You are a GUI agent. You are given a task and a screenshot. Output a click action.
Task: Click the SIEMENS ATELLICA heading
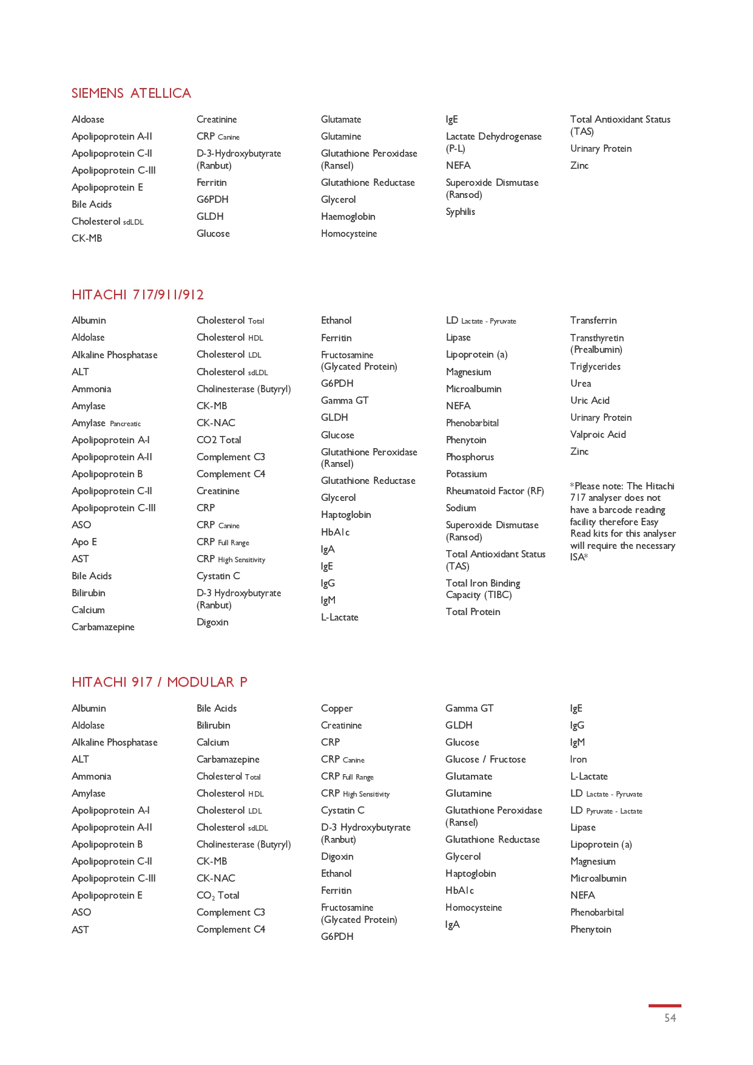click(131, 94)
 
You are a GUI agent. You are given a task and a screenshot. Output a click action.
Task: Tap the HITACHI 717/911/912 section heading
click(138, 295)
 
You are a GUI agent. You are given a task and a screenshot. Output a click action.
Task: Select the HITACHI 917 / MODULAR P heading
click(159, 682)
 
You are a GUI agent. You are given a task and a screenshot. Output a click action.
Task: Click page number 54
click(670, 1018)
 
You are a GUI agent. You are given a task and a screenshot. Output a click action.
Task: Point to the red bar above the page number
click(664, 1006)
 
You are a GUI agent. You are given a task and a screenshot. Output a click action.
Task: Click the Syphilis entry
click(461, 212)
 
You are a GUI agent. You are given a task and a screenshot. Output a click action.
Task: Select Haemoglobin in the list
click(348, 217)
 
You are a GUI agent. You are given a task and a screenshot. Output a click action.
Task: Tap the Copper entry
click(336, 709)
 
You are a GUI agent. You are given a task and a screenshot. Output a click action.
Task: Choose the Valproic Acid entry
click(598, 435)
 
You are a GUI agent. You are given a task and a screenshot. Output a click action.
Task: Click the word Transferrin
click(593, 321)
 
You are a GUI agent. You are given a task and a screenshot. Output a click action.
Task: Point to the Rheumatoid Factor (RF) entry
click(495, 491)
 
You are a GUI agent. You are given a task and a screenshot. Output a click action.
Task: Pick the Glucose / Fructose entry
click(485, 760)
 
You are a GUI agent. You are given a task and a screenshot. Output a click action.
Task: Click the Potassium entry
click(466, 474)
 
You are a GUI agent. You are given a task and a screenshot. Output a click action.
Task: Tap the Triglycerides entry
click(595, 367)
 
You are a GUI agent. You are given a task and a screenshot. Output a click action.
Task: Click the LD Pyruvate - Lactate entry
click(606, 811)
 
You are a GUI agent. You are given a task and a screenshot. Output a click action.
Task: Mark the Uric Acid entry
click(590, 401)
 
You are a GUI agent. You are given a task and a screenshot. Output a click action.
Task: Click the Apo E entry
click(84, 542)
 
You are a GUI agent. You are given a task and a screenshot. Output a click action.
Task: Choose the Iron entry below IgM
click(578, 760)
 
